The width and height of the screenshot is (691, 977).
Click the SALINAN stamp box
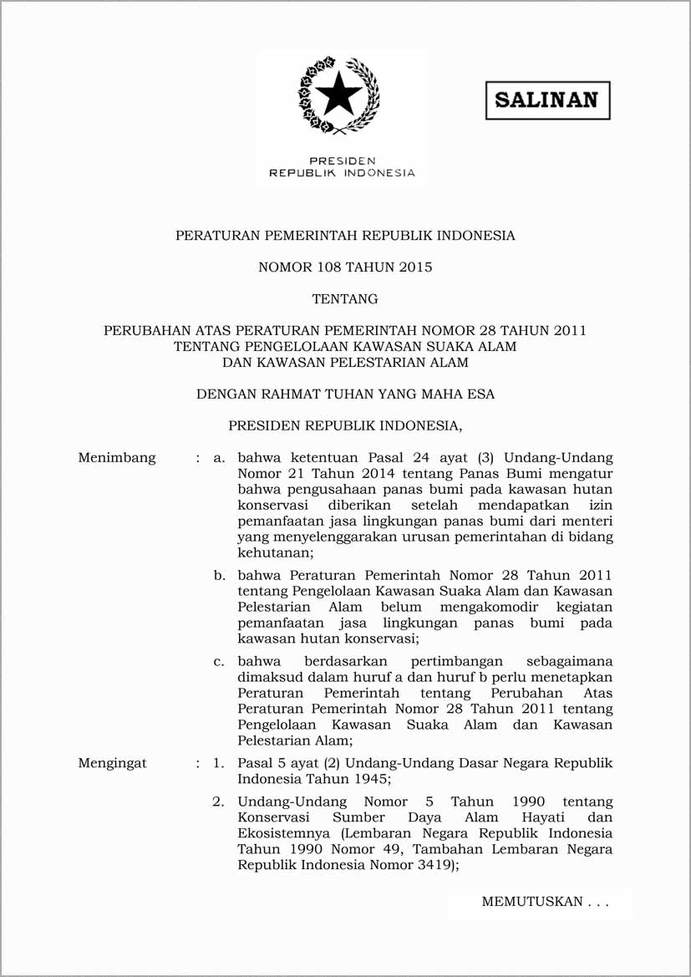(547, 100)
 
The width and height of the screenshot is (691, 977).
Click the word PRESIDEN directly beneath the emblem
(342, 160)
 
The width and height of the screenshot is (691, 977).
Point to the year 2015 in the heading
(415, 267)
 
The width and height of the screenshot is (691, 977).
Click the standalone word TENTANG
(345, 298)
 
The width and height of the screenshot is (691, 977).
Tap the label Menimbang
(117, 458)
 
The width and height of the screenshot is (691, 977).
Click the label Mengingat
(112, 763)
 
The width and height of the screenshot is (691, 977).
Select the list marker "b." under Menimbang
(220, 576)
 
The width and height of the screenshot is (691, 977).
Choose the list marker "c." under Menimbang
(220, 661)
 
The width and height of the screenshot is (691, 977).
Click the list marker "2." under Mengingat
(218, 801)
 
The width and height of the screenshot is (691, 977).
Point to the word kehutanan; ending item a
(276, 553)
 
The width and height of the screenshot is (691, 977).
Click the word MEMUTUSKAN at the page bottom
(531, 902)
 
